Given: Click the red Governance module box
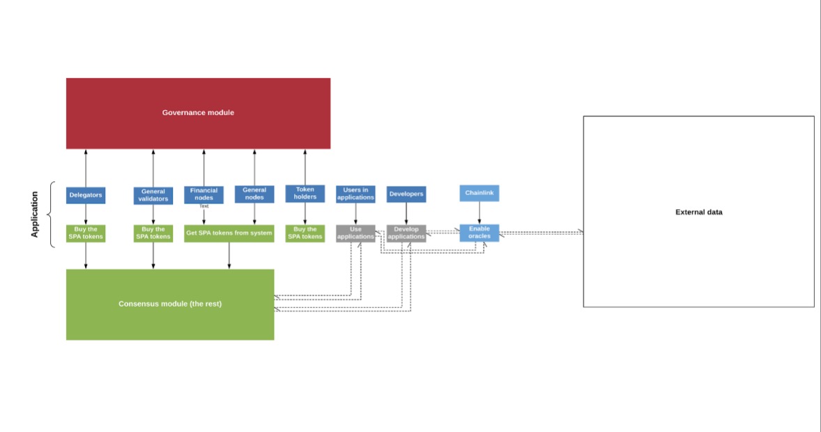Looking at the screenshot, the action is tap(198, 113).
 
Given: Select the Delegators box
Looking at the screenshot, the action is tap(86, 195).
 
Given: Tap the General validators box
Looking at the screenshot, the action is tap(153, 195).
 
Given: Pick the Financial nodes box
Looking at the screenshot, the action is tap(204, 194).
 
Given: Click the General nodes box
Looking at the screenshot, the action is tap(254, 194).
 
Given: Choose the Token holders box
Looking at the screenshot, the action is tap(305, 193).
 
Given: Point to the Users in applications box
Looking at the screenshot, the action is tap(355, 194).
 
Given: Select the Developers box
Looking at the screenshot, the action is tap(406, 194).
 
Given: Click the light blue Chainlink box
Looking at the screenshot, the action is tap(479, 193).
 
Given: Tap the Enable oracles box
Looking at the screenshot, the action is tap(479, 233).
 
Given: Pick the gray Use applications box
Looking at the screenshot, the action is tap(355, 233).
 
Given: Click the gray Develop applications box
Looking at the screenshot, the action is tap(406, 233).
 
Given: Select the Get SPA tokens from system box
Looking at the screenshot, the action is tap(229, 233).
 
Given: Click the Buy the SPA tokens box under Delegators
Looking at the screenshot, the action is tap(86, 233).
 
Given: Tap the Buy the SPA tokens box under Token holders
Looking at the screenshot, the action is tap(305, 233).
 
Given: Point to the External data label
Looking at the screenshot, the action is tap(698, 212).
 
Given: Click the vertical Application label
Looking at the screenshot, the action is tap(35, 214).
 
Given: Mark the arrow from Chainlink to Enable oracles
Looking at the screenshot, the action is tap(479, 213).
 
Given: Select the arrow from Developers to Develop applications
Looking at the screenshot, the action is tap(406, 214).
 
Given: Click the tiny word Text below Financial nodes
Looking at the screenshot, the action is tap(204, 206).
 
